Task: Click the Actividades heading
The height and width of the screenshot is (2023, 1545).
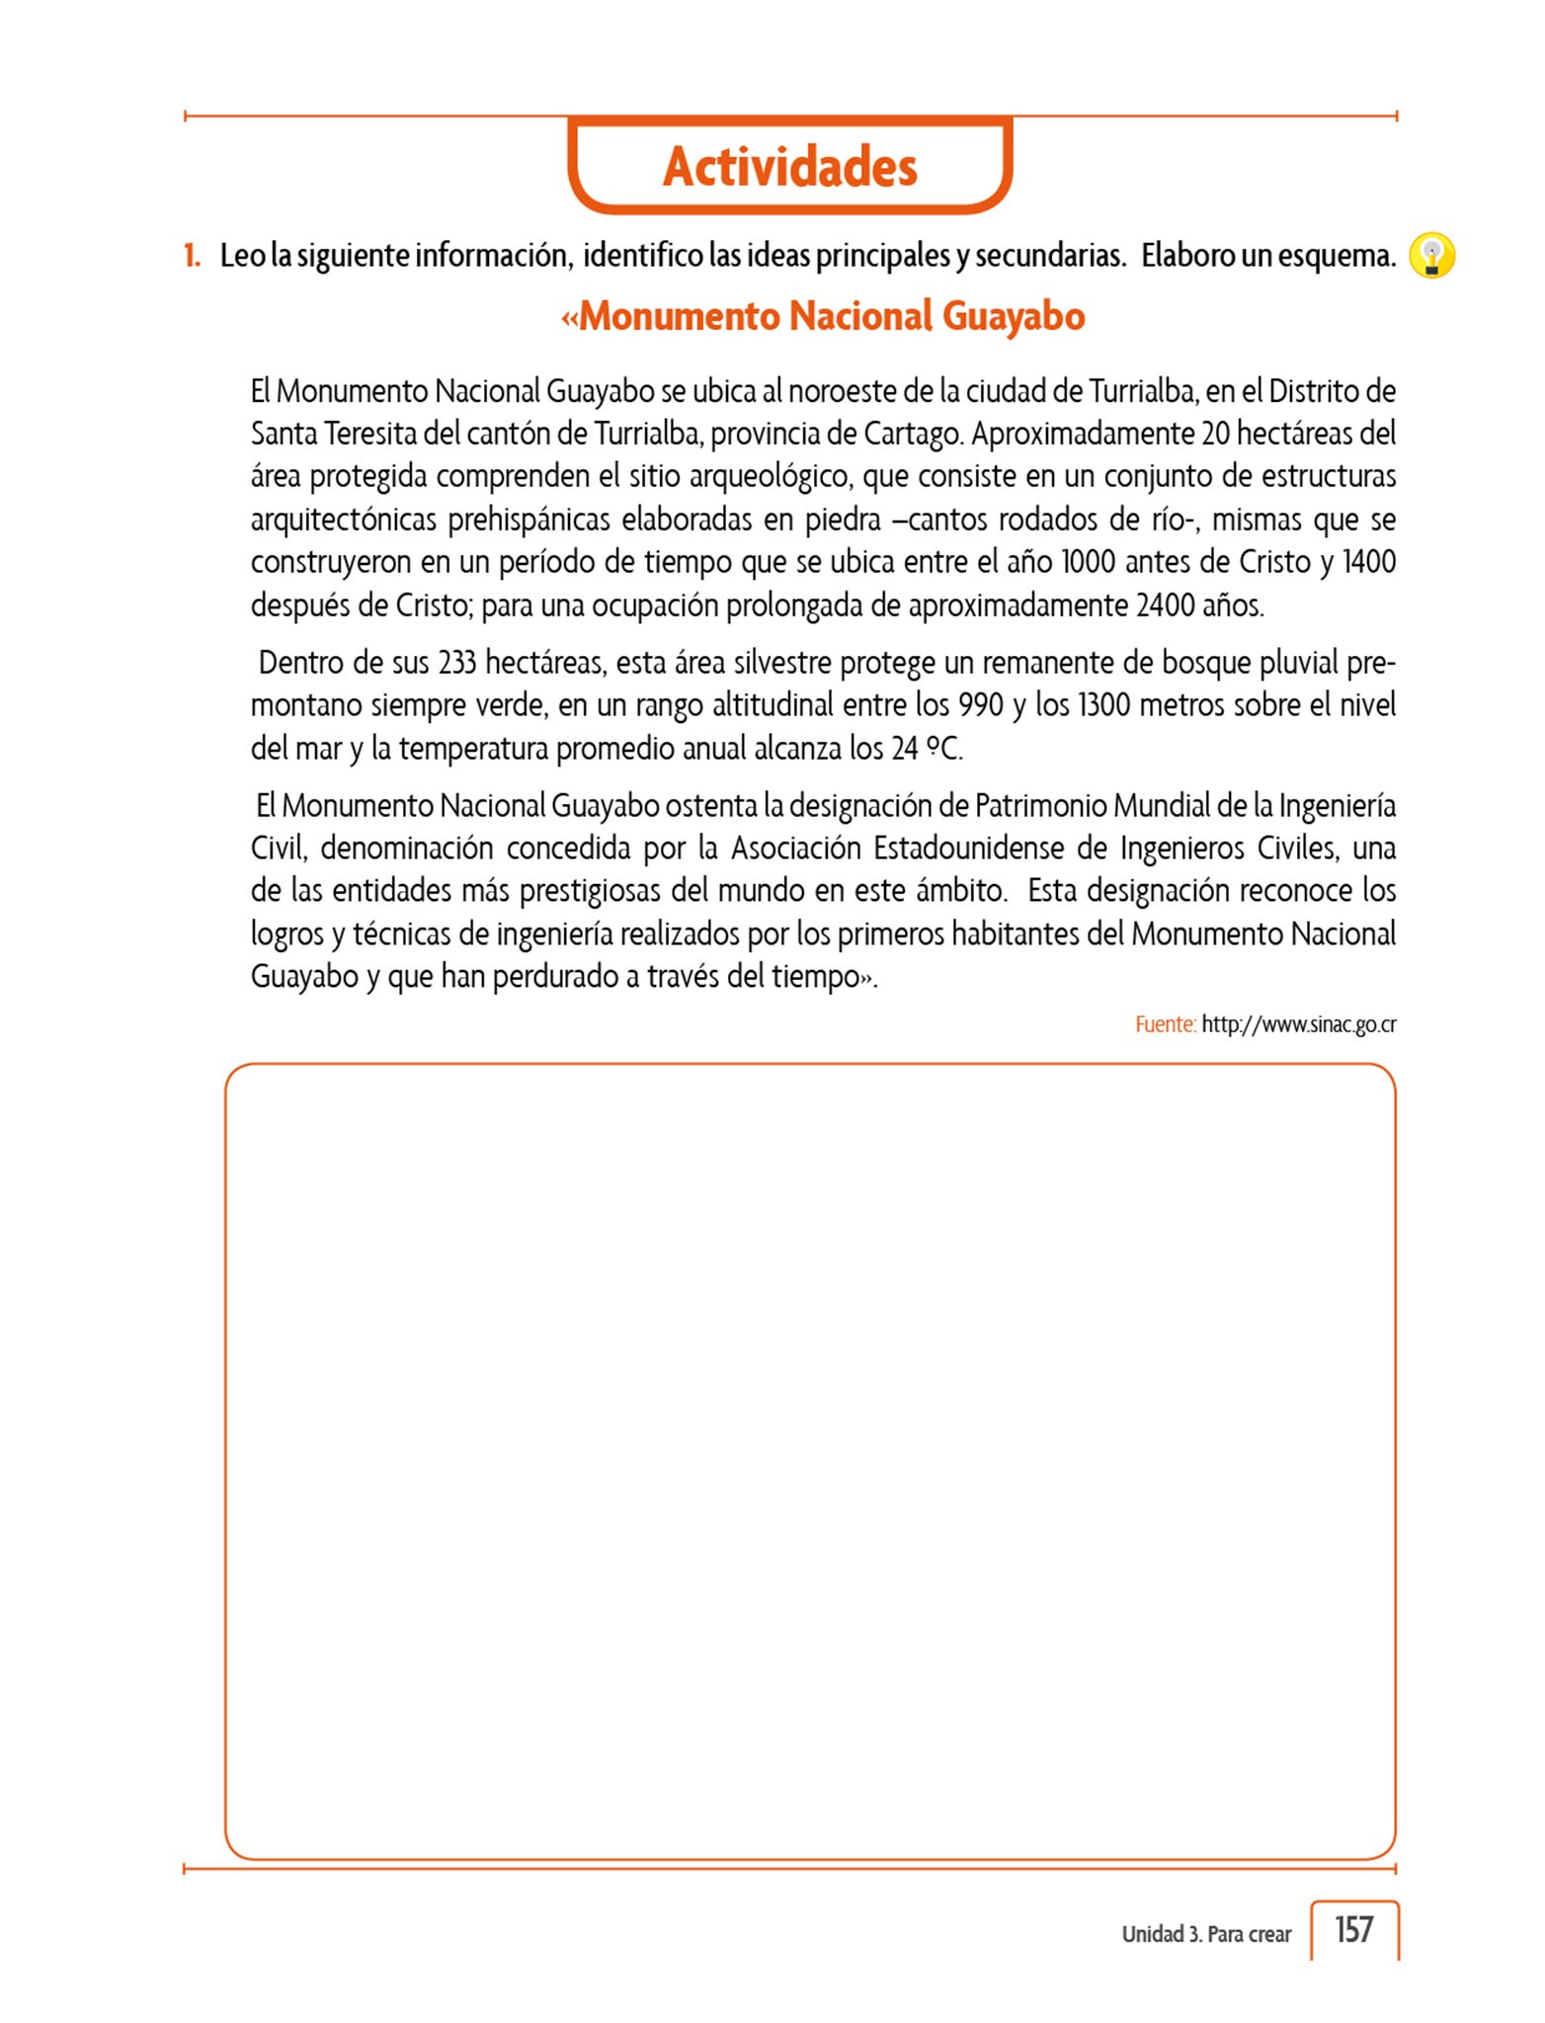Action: (x=789, y=166)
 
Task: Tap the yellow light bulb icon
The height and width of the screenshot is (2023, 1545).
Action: (x=1431, y=256)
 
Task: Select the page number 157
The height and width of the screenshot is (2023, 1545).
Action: (x=1353, y=1928)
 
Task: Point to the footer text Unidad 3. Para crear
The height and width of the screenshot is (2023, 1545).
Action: (x=1205, y=1934)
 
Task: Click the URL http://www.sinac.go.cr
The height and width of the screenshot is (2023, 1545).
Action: (x=1298, y=1024)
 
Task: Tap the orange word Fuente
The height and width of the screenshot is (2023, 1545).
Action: (x=1165, y=1024)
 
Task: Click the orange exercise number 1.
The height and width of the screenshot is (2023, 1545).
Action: (x=192, y=256)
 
